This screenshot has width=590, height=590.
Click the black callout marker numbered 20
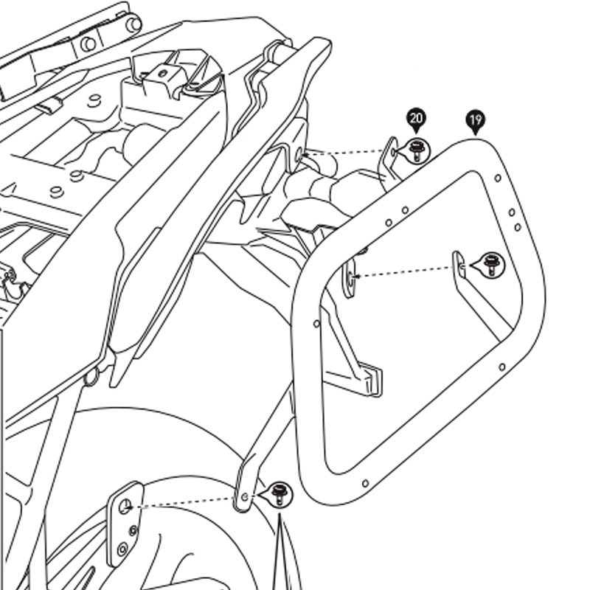(417, 118)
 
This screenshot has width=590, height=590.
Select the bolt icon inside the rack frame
(491, 264)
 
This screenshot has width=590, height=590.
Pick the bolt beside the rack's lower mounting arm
(279, 493)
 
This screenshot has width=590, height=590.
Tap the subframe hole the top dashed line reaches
(299, 156)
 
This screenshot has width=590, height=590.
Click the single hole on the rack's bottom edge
(364, 484)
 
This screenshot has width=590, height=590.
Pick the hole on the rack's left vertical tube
(316, 323)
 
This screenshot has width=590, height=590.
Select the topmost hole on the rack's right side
(498, 178)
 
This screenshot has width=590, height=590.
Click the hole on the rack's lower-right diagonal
(502, 367)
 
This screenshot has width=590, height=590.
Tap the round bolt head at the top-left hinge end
(133, 24)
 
